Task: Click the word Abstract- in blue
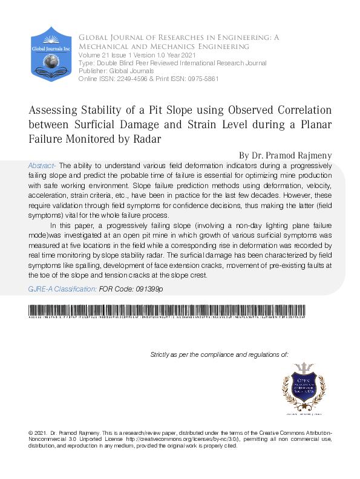pyautogui.click(x=42, y=165)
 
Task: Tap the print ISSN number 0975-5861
pyautogui.click(x=201, y=79)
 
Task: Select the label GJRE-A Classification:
pyautogui.click(x=63, y=290)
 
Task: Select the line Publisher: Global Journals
pyautogui.click(x=116, y=71)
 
